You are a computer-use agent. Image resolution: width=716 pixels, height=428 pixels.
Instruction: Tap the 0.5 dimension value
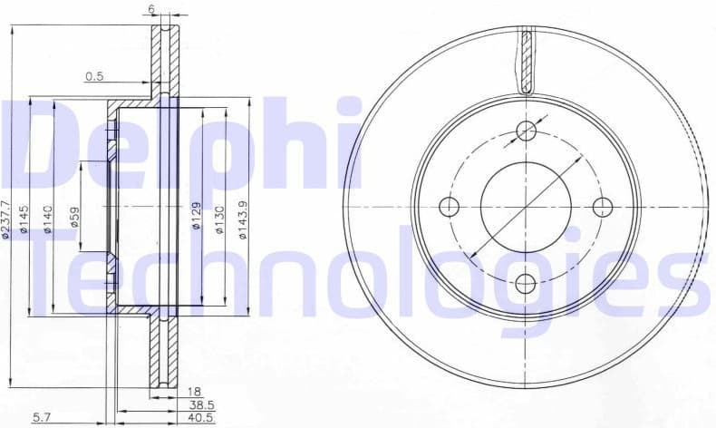94,77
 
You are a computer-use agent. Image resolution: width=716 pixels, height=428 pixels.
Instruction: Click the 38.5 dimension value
201,404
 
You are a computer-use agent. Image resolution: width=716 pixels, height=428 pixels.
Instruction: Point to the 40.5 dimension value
201,419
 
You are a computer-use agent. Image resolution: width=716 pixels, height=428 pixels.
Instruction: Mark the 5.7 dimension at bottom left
42,418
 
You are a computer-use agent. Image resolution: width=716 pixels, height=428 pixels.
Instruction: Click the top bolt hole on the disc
527,131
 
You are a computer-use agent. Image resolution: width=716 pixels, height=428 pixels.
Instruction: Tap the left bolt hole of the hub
450,207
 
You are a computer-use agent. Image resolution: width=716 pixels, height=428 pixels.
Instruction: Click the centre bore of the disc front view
526,207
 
